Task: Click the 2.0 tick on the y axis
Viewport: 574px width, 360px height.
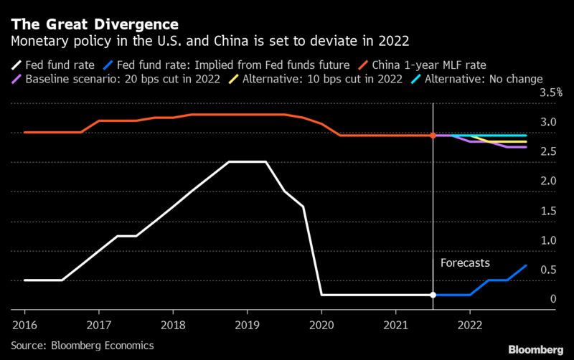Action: point(547,181)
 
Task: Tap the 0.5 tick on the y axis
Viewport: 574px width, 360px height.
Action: point(547,270)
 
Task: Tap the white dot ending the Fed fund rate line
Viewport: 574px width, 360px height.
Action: point(433,295)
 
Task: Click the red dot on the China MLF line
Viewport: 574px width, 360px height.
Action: point(433,136)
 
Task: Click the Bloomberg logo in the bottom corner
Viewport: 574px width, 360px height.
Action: point(535,349)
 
